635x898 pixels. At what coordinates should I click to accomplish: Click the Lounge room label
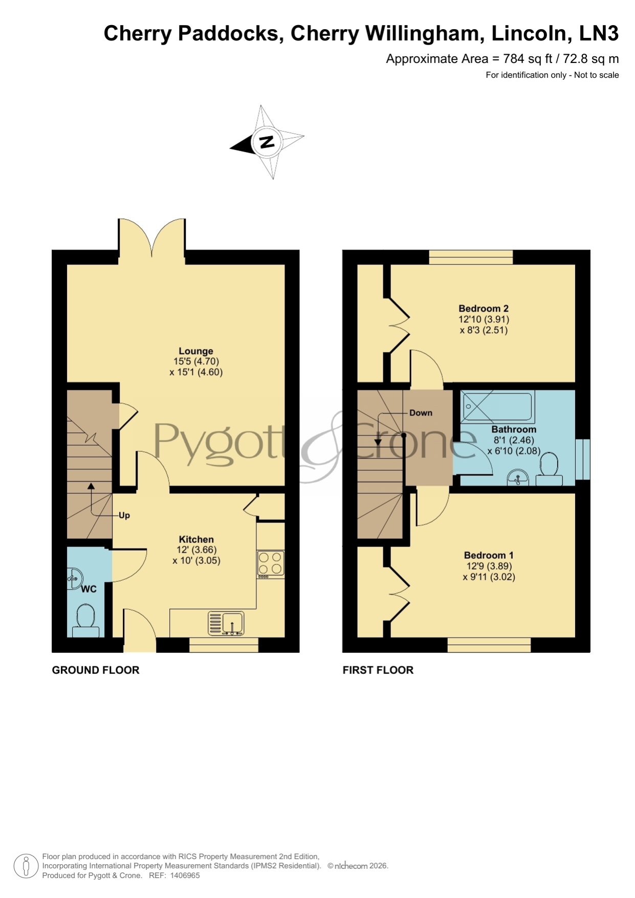click(x=196, y=351)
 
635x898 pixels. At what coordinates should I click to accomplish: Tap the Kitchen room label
click(x=196, y=539)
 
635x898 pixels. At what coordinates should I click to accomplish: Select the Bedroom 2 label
click(x=484, y=309)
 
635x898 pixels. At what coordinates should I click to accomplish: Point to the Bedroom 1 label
click(x=489, y=555)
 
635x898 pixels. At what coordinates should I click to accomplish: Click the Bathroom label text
click(x=514, y=429)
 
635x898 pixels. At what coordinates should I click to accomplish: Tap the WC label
click(x=89, y=589)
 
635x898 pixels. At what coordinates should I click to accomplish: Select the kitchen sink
click(x=226, y=624)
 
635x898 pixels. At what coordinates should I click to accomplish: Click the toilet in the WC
click(x=85, y=620)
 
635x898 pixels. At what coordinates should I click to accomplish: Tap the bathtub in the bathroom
click(x=497, y=406)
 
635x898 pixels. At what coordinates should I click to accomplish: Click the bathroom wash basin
click(x=518, y=478)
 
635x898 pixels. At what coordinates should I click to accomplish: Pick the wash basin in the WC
click(x=75, y=579)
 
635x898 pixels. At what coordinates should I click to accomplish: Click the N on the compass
click(x=267, y=142)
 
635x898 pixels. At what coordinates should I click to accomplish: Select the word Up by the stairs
click(x=124, y=515)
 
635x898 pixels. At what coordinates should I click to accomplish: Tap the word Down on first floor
click(x=421, y=413)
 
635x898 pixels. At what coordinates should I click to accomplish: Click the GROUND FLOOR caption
click(x=96, y=670)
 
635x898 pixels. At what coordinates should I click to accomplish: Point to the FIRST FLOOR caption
click(x=378, y=670)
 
